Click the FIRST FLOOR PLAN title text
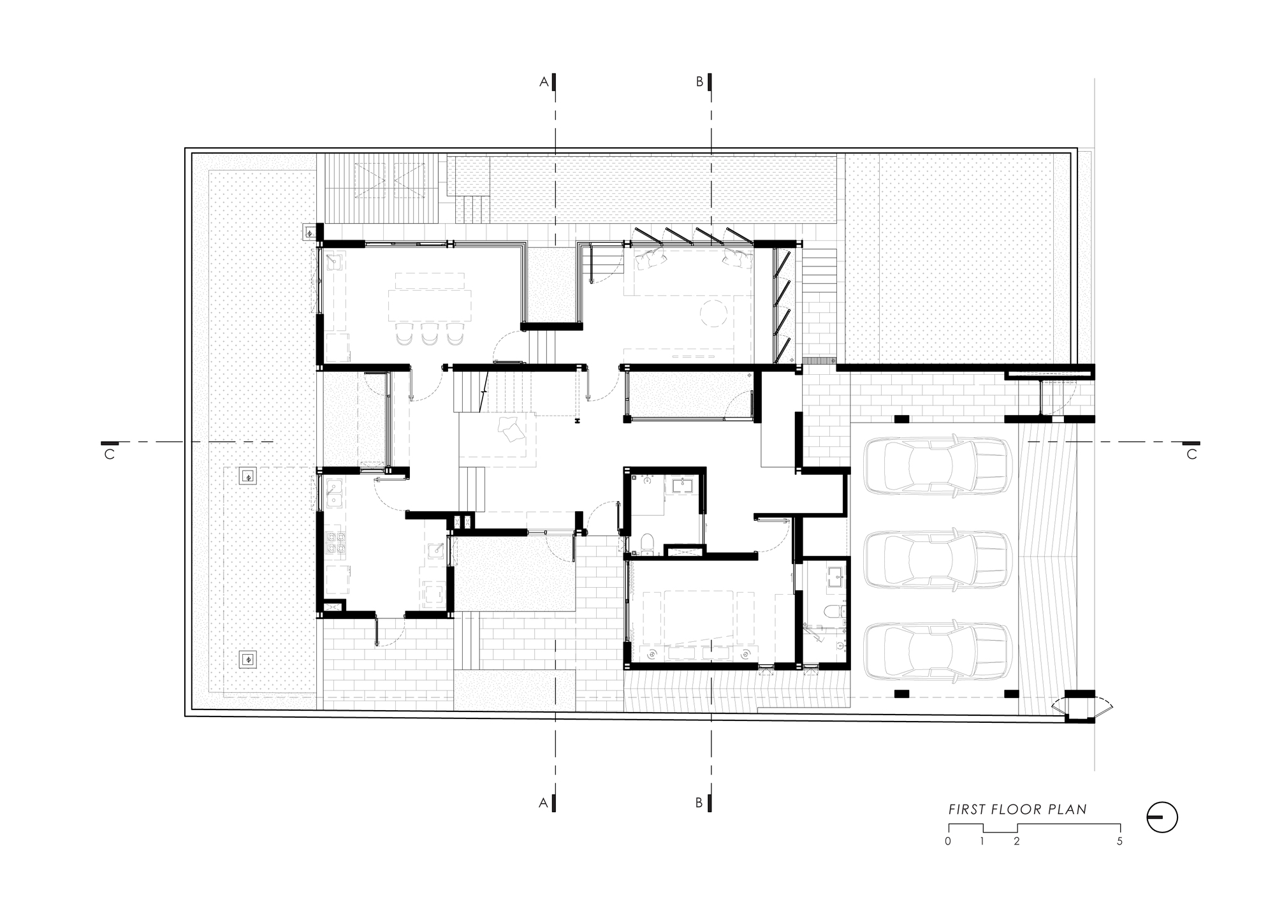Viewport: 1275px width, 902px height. pyautogui.click(x=1017, y=810)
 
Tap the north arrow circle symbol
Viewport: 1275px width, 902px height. pyautogui.click(x=1162, y=817)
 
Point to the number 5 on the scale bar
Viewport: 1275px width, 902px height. pyautogui.click(x=1119, y=841)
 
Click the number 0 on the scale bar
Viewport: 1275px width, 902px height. pyautogui.click(x=948, y=841)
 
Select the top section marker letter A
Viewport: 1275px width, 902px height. pyautogui.click(x=544, y=82)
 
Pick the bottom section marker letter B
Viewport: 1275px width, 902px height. pyautogui.click(x=699, y=803)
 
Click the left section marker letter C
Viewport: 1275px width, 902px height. pyautogui.click(x=109, y=455)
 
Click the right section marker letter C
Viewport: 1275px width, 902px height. pyautogui.click(x=1191, y=455)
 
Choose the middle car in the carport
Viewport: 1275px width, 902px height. pyautogui.click(x=937, y=559)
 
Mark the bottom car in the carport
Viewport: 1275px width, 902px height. pyautogui.click(x=937, y=653)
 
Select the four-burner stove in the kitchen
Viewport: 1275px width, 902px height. pyautogui.click(x=335, y=542)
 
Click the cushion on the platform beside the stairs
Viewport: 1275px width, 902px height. pyautogui.click(x=511, y=429)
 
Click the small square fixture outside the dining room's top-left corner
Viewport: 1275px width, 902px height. pyautogui.click(x=310, y=233)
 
